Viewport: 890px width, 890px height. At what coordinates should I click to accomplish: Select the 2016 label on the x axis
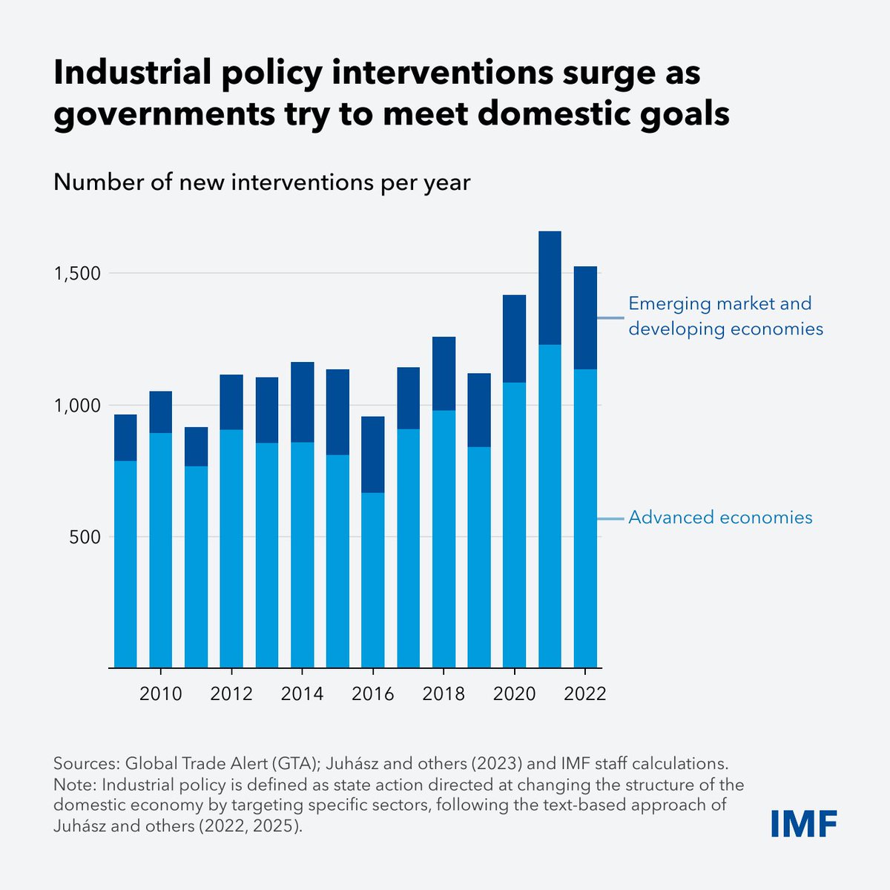click(x=373, y=694)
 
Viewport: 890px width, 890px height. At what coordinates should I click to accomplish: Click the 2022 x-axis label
click(x=585, y=694)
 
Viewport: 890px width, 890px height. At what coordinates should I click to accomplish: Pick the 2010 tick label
click(x=161, y=694)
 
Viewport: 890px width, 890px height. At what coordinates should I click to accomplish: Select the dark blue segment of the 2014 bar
click(x=302, y=402)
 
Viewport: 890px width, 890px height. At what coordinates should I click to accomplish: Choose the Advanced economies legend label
click(x=720, y=517)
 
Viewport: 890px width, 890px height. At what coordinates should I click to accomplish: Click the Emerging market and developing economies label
click(x=725, y=315)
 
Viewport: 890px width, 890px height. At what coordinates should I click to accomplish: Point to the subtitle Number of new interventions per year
click(x=262, y=182)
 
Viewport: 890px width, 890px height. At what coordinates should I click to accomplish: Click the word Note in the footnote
click(x=73, y=785)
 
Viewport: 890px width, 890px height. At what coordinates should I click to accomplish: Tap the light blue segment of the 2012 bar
click(x=231, y=549)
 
